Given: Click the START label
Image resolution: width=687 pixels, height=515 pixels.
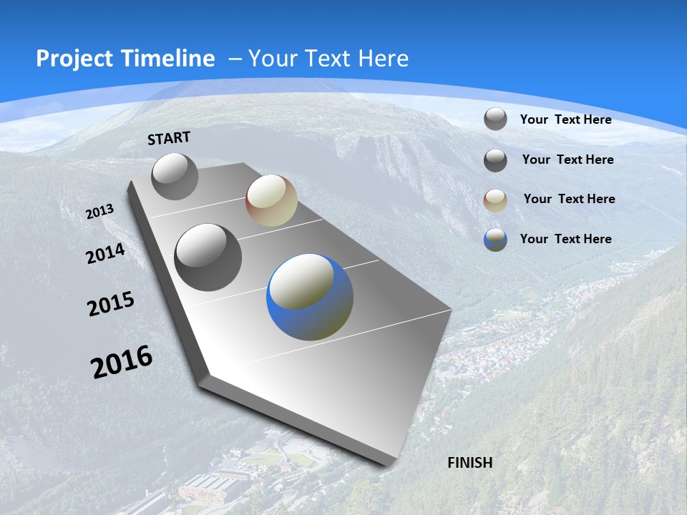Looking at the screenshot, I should (169, 138).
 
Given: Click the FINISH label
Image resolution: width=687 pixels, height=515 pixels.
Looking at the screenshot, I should (470, 463).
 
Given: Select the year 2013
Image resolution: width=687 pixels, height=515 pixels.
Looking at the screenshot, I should (99, 212).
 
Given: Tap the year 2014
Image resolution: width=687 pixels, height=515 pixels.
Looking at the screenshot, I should (105, 254).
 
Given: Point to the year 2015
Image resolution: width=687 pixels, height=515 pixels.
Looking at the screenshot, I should (111, 304).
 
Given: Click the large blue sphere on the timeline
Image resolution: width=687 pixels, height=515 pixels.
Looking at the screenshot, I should (310, 297).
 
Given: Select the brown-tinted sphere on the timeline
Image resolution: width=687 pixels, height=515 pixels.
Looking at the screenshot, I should (271, 200).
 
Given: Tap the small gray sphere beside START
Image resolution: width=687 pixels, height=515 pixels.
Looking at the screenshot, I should (175, 176).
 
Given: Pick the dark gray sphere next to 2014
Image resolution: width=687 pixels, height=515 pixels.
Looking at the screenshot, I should (208, 257).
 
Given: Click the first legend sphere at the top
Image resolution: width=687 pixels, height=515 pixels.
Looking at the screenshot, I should (495, 119).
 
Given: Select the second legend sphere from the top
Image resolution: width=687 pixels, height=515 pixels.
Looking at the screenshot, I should (495, 160).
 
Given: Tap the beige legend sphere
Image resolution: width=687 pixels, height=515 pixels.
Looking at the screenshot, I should (495, 200).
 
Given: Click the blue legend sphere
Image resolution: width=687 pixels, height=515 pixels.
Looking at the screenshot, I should (495, 240).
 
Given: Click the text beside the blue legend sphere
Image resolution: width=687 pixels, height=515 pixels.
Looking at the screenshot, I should (565, 239).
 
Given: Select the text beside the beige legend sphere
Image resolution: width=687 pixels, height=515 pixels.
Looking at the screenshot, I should (569, 199).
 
